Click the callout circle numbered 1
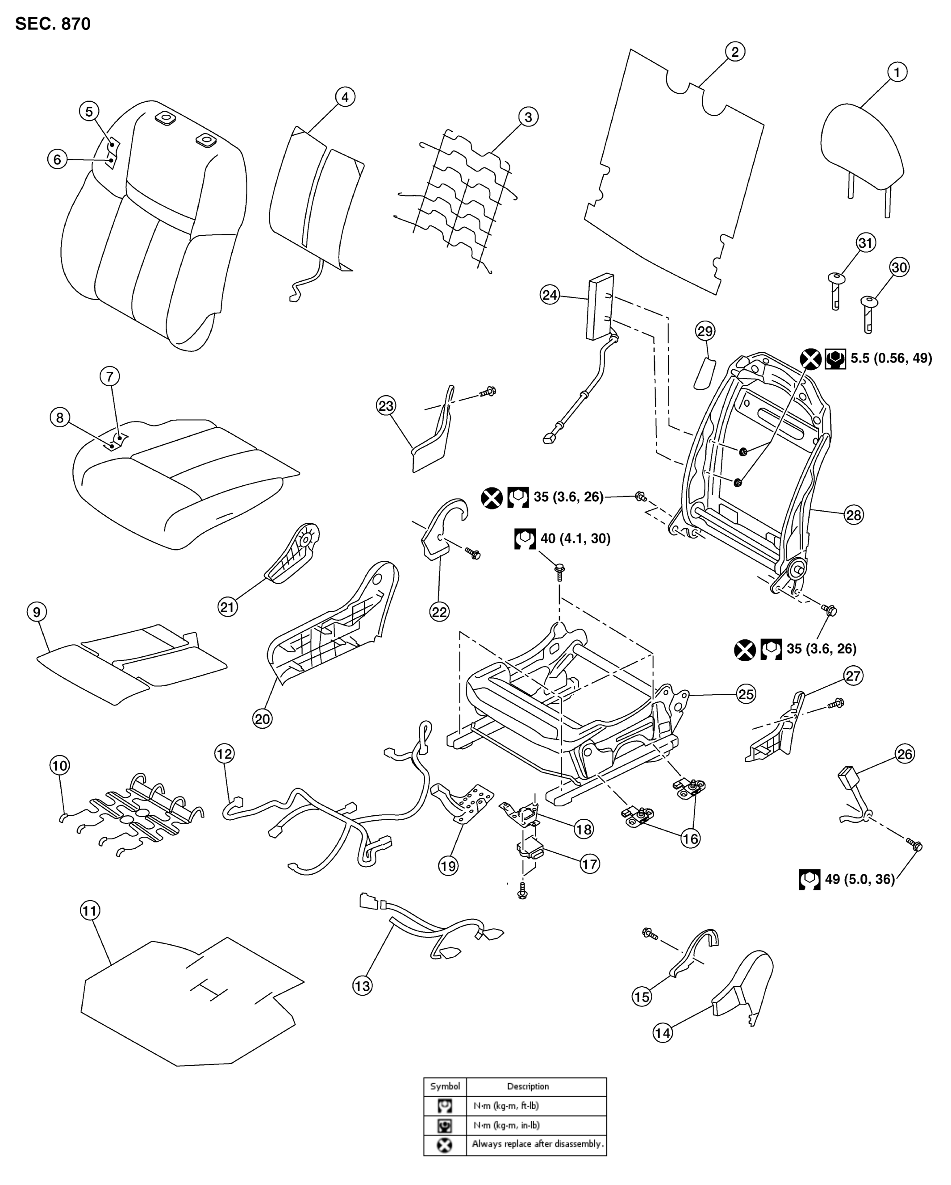(897, 72)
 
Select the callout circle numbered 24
(550, 295)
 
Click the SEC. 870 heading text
(53, 24)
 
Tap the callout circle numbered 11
(90, 911)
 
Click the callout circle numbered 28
(853, 515)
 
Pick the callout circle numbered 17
(589, 864)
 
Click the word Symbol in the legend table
(445, 1086)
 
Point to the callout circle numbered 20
(262, 719)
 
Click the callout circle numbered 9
(37, 612)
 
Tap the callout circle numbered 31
(866, 243)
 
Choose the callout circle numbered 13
(362, 985)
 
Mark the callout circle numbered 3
(528, 117)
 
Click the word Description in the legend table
(528, 1086)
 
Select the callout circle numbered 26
(905, 754)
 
